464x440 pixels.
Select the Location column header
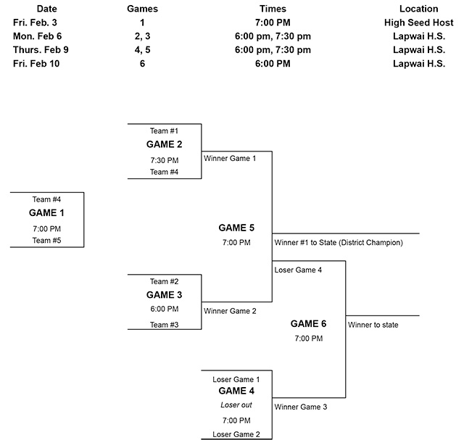[x=418, y=9]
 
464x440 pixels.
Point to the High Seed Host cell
[x=418, y=22]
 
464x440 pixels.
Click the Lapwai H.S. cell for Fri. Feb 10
[x=418, y=63]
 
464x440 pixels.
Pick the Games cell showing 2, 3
[x=143, y=36]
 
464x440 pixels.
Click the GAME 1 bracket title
[x=46, y=213]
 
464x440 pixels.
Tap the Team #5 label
[x=46, y=240]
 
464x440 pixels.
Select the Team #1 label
[x=164, y=131]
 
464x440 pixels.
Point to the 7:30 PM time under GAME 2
[x=164, y=160]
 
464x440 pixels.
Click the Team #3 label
[x=164, y=325]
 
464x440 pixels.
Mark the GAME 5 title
[x=236, y=228]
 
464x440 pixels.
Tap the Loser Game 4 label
[x=298, y=270]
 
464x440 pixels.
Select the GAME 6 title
[x=308, y=324]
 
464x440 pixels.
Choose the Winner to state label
[x=373, y=325]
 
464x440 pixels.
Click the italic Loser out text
[x=236, y=405]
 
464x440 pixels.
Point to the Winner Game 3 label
[x=301, y=407]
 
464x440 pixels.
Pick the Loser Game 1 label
[x=236, y=379]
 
